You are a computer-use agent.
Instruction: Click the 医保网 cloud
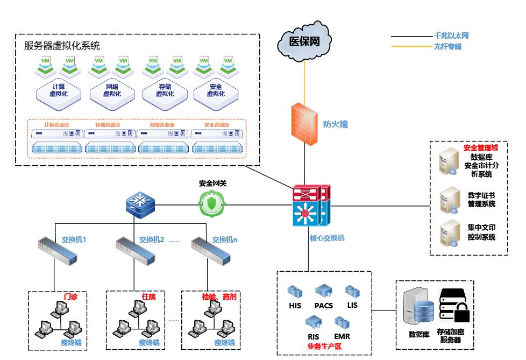304,42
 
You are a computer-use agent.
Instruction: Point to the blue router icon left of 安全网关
139,204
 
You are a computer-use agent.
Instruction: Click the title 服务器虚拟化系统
62,46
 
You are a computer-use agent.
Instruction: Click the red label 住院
148,297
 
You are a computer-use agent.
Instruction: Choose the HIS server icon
295,292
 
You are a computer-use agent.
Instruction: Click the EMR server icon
342,323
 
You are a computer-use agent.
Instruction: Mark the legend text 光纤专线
447,47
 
